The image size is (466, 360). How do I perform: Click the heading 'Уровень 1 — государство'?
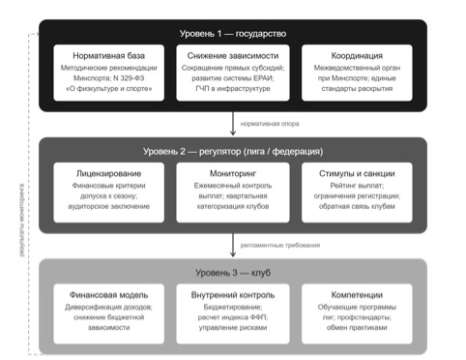233,34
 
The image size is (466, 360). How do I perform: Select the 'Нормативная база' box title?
108,56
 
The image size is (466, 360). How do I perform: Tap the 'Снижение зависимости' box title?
233,56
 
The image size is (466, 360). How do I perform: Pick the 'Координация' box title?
357,56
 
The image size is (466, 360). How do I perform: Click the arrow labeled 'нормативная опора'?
233,124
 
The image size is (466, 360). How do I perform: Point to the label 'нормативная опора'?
270,124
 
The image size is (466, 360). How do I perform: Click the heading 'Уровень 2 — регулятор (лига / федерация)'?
233,151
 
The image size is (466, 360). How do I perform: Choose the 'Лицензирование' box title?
108,173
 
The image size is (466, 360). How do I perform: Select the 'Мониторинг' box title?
233,173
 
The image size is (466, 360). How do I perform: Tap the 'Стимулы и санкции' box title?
357,173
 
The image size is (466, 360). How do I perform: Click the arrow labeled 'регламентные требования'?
233,245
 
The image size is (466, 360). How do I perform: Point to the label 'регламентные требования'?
280,245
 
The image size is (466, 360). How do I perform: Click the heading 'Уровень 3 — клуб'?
233,273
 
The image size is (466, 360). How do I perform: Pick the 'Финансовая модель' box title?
108,295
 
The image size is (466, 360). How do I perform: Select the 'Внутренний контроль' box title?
233,295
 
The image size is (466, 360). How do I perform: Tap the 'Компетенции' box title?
357,295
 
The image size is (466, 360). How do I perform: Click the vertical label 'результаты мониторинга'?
21,221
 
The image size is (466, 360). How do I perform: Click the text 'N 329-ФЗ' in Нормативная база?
129,78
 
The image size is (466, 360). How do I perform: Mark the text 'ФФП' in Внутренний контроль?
258,317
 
